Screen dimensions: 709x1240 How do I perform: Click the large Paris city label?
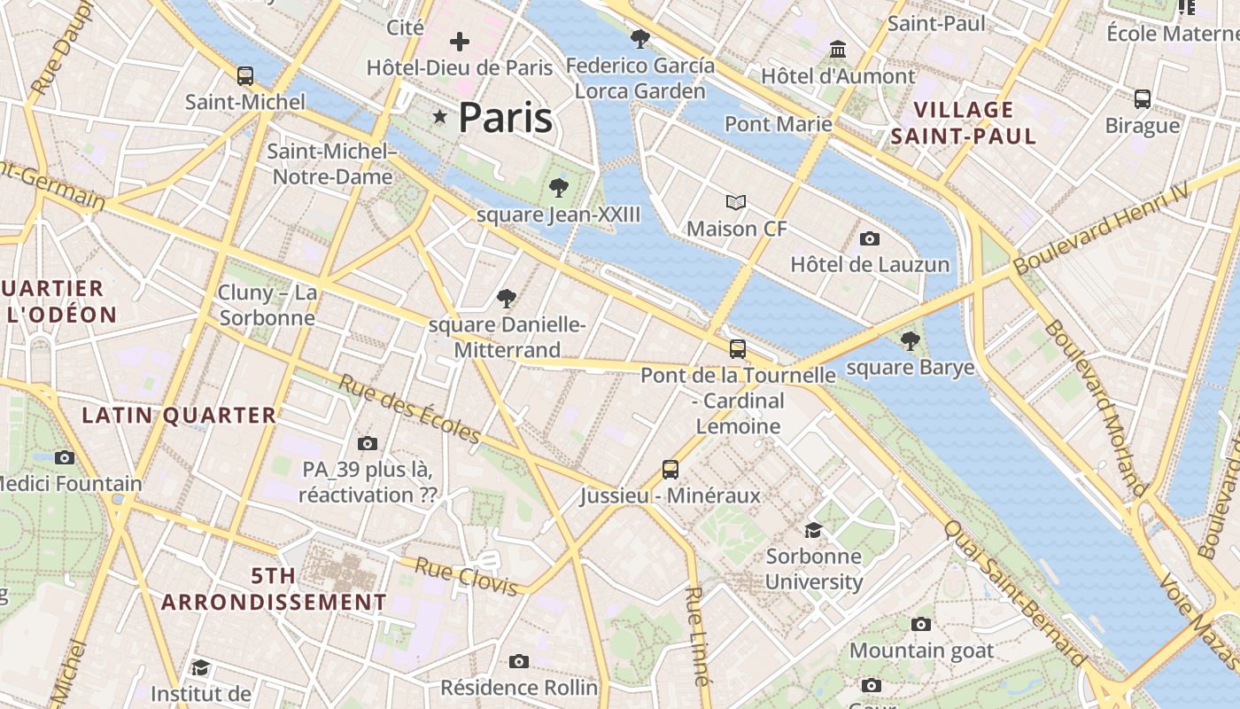pyautogui.click(x=506, y=118)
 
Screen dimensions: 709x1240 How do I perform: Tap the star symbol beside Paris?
pyautogui.click(x=439, y=117)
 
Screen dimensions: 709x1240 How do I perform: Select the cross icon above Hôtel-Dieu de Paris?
pyautogui.click(x=460, y=41)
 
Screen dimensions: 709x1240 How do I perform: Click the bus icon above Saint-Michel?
pyautogui.click(x=245, y=76)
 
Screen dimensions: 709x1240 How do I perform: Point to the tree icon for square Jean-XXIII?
pyautogui.click(x=558, y=187)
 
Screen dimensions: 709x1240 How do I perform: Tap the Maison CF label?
pyautogui.click(x=737, y=229)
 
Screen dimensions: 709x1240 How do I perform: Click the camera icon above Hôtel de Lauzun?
pyautogui.click(x=870, y=238)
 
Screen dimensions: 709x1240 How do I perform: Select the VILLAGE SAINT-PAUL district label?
pyautogui.click(x=964, y=123)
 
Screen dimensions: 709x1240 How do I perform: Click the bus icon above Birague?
pyautogui.click(x=1143, y=99)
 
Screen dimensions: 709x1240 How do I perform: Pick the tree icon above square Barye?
pyautogui.click(x=910, y=341)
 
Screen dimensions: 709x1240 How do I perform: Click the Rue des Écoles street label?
pyautogui.click(x=409, y=409)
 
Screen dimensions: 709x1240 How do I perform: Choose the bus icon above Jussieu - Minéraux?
pyautogui.click(x=670, y=470)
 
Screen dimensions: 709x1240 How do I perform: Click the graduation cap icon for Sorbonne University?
pyautogui.click(x=813, y=530)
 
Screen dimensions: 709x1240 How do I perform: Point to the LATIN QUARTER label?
pyautogui.click(x=180, y=415)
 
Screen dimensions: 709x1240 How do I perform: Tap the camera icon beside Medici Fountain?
pyautogui.click(x=65, y=457)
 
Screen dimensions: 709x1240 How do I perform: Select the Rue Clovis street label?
pyautogui.click(x=466, y=577)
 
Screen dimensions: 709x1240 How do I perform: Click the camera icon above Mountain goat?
pyautogui.click(x=921, y=624)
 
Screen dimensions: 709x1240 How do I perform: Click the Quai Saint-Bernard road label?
pyautogui.click(x=1014, y=592)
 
